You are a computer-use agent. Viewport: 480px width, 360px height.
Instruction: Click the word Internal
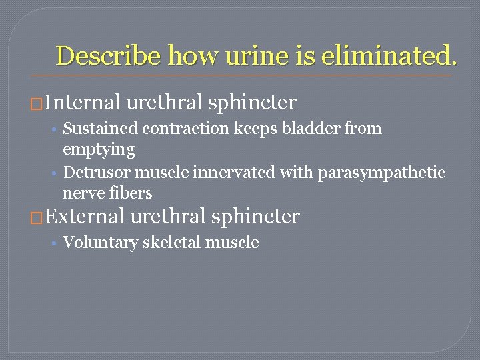click(83, 103)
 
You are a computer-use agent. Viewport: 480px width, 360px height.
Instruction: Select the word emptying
click(99, 149)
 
